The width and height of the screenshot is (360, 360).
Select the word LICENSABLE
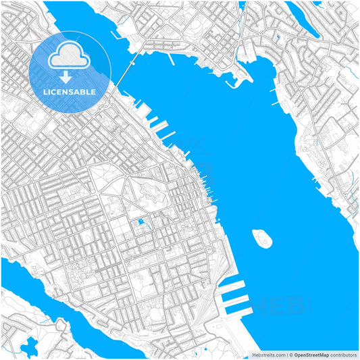click(70, 91)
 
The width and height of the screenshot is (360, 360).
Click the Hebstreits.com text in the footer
click(269, 354)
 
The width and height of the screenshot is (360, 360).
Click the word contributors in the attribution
click(340, 354)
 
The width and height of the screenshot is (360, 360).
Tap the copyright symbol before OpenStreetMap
click(289, 354)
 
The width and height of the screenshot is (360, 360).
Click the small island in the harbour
click(261, 238)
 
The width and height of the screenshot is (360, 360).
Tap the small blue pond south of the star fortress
click(140, 222)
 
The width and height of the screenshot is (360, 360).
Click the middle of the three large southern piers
click(236, 296)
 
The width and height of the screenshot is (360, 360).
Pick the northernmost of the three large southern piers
click(233, 282)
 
